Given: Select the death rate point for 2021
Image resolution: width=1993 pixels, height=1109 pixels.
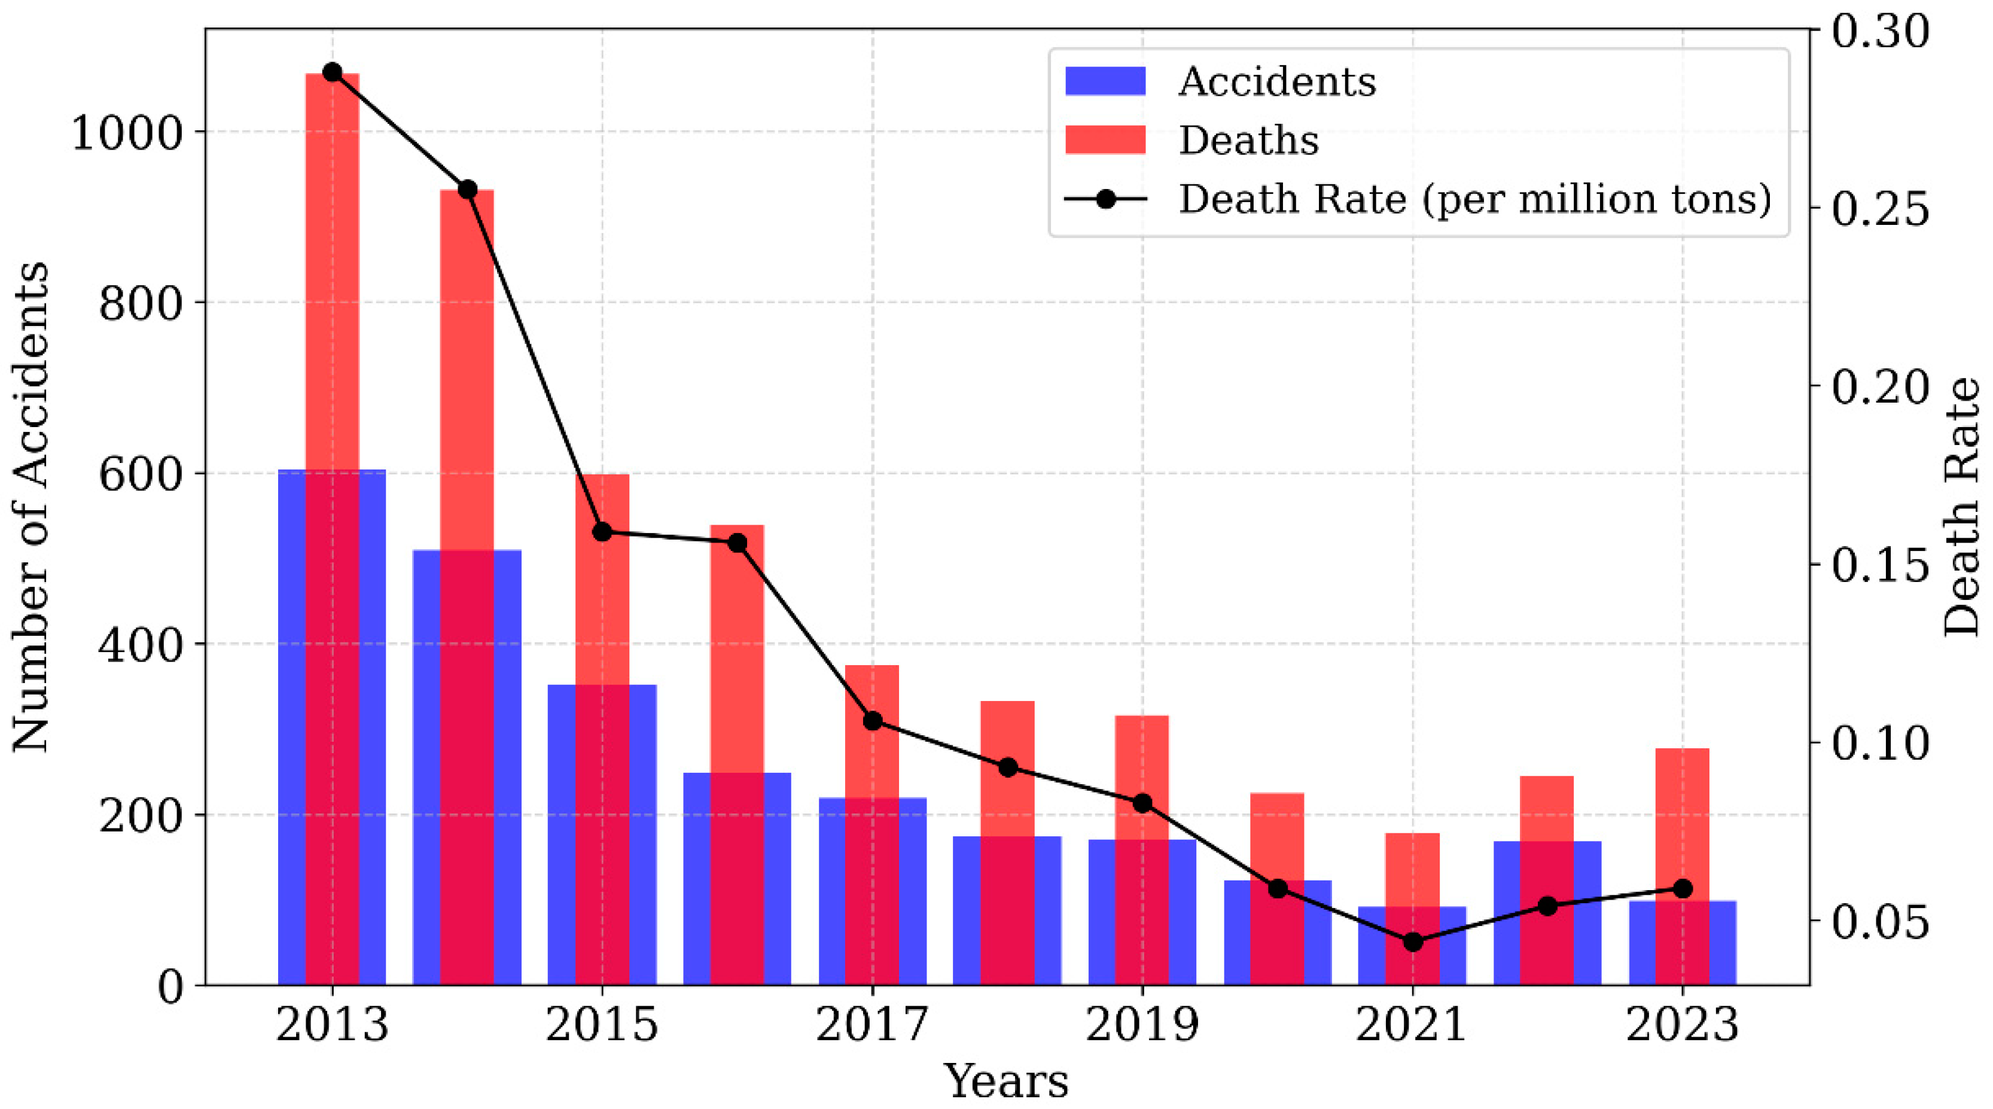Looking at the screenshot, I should coord(1413,942).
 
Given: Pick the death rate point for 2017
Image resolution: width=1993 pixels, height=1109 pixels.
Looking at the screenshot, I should coord(872,721).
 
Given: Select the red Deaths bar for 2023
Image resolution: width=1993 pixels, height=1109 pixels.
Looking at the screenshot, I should coord(1682,820).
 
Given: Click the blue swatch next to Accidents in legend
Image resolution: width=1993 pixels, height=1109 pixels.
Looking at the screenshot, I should coord(1105,81).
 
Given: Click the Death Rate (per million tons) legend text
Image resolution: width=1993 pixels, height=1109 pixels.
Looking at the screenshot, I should coord(1474,199).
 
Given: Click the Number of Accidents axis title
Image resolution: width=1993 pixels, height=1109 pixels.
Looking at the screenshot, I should coord(31,507).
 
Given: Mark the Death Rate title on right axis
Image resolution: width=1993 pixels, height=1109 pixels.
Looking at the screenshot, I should coord(1962,507).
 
